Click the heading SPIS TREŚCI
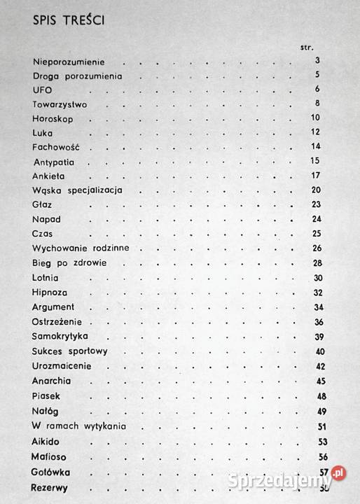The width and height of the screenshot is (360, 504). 67,22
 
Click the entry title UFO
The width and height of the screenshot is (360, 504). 43,90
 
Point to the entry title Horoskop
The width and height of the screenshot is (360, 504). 53,118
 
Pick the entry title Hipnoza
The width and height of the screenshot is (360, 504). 50,293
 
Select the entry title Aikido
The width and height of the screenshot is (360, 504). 47,443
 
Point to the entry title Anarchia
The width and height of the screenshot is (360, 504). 52,381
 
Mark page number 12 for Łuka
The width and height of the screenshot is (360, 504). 315,132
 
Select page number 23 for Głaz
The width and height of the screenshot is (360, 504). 315,204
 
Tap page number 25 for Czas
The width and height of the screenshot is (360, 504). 315,233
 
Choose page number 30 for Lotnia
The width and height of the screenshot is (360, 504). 315,278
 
